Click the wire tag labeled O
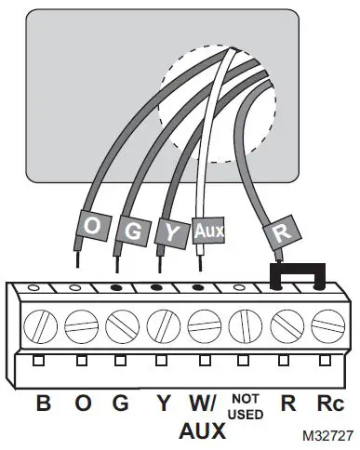click(x=90, y=226)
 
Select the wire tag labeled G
click(x=131, y=230)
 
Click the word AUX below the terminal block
click(x=202, y=430)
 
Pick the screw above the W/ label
click(x=202, y=324)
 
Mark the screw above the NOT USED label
click(x=243, y=324)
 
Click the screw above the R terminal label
click(x=283, y=324)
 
